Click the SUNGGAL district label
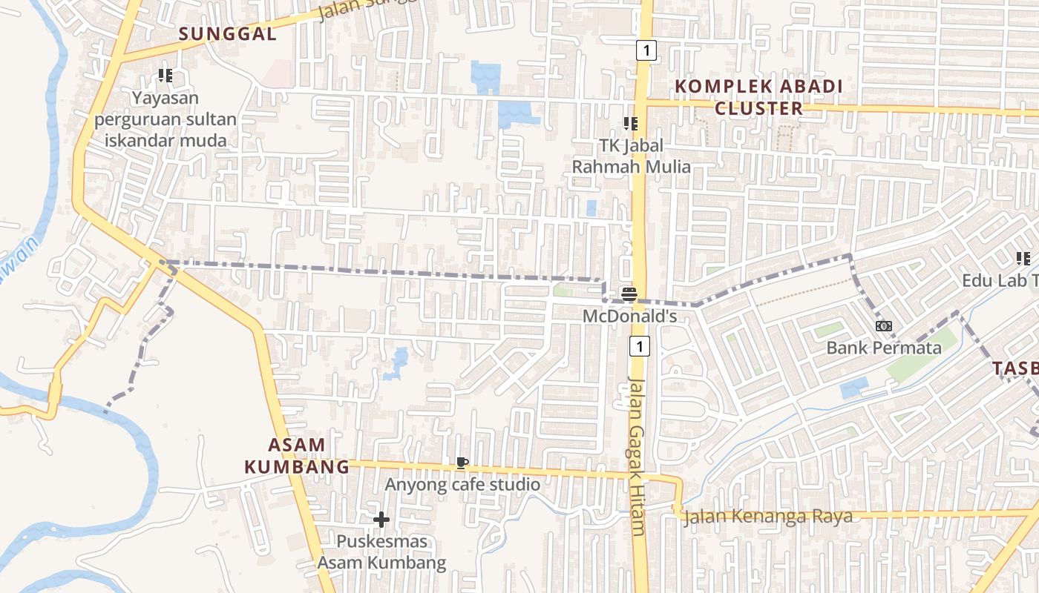tap(228, 33)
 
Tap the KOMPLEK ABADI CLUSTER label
tap(758, 97)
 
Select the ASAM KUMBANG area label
tap(297, 456)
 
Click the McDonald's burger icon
tap(629, 294)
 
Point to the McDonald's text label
tap(630, 317)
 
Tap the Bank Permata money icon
tap(883, 326)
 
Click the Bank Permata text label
tap(883, 348)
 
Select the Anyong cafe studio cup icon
tap(462, 464)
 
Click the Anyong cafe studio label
tap(462, 485)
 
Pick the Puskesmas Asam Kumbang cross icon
tap(381, 520)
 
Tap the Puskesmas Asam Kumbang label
tap(382, 552)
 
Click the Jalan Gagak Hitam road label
tap(637, 456)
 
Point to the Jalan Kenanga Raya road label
tap(767, 517)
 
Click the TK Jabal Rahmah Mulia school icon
tap(631, 124)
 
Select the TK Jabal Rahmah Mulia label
tap(631, 156)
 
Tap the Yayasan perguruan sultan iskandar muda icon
tap(165, 76)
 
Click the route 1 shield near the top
tap(646, 50)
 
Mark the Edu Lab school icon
tap(1023, 259)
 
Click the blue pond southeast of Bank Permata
tap(854, 388)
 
